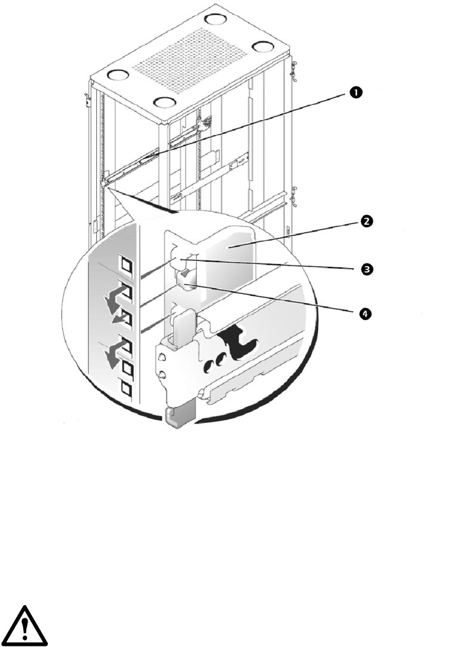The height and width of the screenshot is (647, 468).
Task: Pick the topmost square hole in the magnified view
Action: [x=126, y=263]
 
